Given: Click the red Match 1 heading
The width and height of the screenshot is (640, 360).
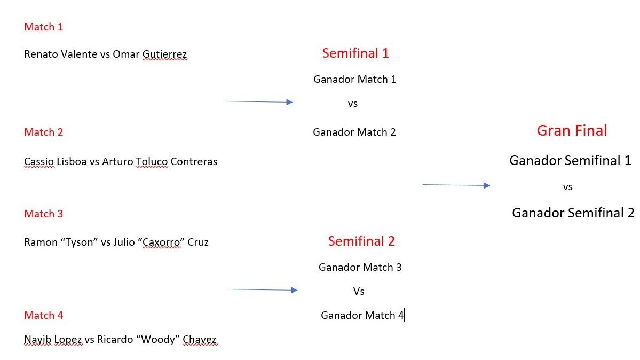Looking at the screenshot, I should (43, 27).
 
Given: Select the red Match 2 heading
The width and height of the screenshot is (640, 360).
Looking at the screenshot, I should (43, 132).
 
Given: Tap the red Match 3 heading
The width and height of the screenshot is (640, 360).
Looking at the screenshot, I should (43, 214).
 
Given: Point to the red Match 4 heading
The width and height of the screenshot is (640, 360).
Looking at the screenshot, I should (43, 316).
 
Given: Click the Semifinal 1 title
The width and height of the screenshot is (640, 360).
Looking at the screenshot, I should (355, 53).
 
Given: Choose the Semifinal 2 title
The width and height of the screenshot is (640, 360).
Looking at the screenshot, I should (361, 241).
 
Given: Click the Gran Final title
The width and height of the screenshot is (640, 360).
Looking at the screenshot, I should (572, 130).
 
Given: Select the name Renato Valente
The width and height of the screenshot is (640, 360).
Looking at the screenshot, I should (61, 54).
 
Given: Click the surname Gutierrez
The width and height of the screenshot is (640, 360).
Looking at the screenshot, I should (164, 54).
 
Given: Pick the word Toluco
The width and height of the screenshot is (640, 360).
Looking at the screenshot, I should (152, 162).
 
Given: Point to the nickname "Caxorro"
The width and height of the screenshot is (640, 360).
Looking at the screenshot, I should (161, 242).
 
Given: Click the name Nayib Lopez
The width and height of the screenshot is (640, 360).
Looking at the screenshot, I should (53, 340).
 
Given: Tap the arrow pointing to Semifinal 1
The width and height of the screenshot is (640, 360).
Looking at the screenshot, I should (259, 101).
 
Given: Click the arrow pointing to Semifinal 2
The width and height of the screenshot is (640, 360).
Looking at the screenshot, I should (263, 289).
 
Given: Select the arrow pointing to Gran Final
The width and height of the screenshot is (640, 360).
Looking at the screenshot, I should (456, 185).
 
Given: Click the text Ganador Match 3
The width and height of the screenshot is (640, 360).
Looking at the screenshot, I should (360, 267).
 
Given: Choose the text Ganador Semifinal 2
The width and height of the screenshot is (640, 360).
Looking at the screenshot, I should (573, 213).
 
